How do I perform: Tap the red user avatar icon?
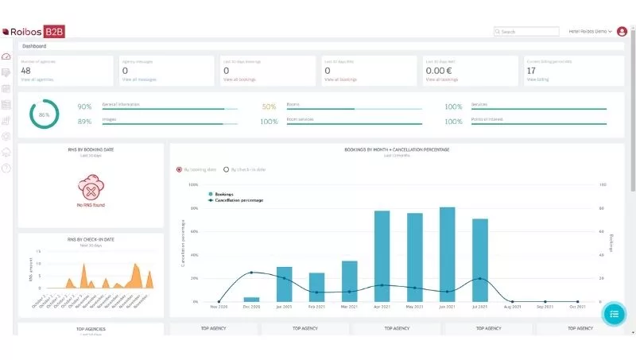622,32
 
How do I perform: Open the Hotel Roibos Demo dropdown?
590,32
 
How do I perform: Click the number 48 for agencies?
26,71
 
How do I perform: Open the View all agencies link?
37,79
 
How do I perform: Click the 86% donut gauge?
45,114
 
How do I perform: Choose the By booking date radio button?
179,169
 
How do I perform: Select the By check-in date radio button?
226,169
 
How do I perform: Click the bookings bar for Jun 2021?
447,254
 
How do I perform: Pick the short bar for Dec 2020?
251,300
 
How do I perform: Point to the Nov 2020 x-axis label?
219,307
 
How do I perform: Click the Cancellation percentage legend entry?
238,200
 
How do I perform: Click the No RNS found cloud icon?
91,191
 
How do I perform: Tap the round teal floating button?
614,314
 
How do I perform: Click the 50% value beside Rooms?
270,106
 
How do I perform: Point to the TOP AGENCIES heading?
91,328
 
